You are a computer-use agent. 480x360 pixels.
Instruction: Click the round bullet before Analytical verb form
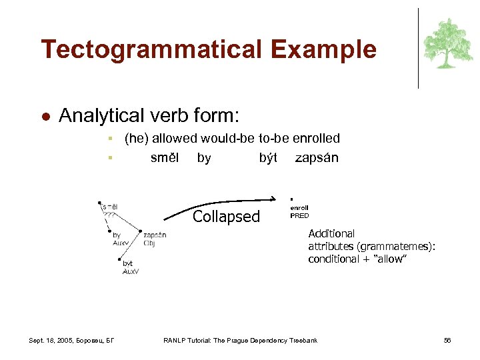45,117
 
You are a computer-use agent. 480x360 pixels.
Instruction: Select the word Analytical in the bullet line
100,116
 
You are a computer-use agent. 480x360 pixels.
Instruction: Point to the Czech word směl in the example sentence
164,158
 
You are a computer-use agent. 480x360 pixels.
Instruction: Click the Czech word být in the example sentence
268,158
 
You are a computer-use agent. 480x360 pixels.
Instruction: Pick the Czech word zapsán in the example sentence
317,158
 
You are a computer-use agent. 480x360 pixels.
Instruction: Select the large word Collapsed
226,217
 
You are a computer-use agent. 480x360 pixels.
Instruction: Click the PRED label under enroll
299,215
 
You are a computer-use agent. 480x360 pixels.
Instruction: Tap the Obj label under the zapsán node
149,243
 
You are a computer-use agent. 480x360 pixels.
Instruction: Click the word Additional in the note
331,234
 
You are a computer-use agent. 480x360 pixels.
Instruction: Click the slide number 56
447,341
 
